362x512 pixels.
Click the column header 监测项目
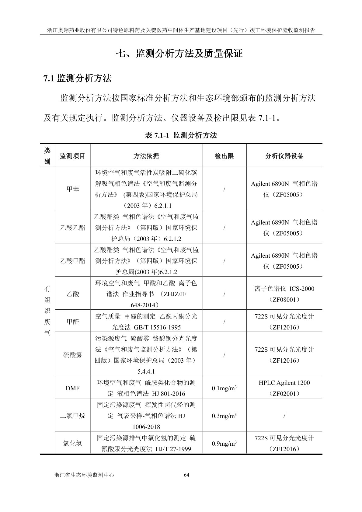tap(72, 156)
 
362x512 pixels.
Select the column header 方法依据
tap(146, 156)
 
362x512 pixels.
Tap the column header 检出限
tap(224, 156)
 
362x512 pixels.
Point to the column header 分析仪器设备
tap(284, 156)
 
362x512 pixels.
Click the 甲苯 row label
tap(72, 189)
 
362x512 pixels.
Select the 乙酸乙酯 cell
tap(72, 228)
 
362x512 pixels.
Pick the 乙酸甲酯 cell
tap(72, 261)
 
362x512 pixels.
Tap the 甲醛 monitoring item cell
tap(72, 322)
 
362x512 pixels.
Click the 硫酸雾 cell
tap(72, 355)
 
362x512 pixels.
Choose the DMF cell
tap(72, 388)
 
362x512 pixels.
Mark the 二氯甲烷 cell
tap(72, 416)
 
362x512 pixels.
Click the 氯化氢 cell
tap(72, 444)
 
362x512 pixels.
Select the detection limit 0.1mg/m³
tap(224, 388)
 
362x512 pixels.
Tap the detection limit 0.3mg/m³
tap(224, 416)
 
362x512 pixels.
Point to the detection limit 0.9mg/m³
tap(224, 444)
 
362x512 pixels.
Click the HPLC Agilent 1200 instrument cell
tap(284, 388)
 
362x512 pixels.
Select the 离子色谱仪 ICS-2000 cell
tap(284, 294)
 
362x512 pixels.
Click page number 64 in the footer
tap(187, 475)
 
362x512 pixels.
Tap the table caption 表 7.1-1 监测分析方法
tap(181, 135)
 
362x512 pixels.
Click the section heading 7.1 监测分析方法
tap(78, 78)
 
